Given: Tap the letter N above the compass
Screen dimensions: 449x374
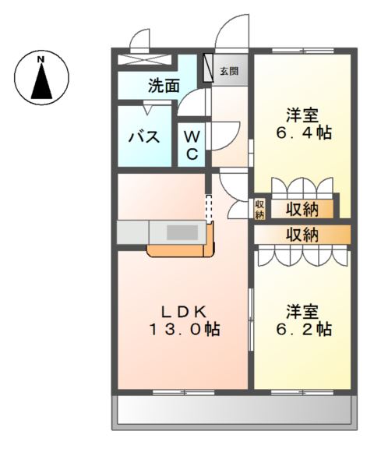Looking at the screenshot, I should (42, 58).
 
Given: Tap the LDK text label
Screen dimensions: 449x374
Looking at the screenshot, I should (184, 311).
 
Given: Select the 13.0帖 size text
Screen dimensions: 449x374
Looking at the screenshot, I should (184, 330).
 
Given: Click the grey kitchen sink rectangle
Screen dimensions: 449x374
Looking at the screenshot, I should (182, 232).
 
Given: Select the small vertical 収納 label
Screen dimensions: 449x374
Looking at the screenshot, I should (259, 208).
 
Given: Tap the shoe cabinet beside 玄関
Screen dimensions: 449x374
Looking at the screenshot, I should (208, 69).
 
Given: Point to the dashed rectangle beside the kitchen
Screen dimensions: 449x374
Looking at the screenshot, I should (208, 207).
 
